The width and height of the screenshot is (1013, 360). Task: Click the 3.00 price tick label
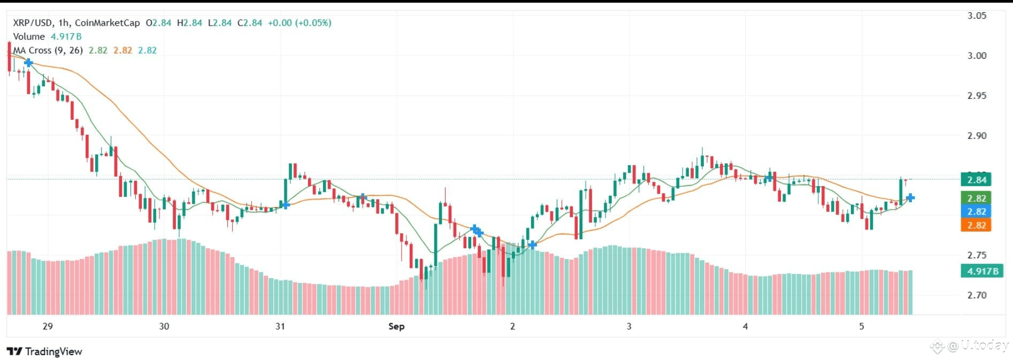pyautogui.click(x=977, y=56)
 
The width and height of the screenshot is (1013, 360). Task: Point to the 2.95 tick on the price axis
pyautogui.click(x=977, y=96)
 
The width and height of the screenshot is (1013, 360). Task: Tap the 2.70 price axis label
pyautogui.click(x=977, y=295)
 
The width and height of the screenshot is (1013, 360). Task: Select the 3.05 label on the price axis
pyautogui.click(x=977, y=16)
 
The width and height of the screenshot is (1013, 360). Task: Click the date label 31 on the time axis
pyautogui.click(x=280, y=326)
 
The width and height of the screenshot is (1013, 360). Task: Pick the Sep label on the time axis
pyautogui.click(x=396, y=326)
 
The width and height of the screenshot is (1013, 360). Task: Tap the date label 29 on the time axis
pyautogui.click(x=48, y=326)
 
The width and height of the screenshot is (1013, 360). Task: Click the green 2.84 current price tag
pyautogui.click(x=976, y=180)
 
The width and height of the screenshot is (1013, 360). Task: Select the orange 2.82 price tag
pyautogui.click(x=976, y=225)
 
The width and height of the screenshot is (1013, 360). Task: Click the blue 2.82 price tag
pyautogui.click(x=976, y=212)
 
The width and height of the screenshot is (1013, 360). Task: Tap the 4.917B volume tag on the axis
pyautogui.click(x=983, y=271)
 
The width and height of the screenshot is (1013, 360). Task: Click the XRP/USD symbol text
pyautogui.click(x=32, y=23)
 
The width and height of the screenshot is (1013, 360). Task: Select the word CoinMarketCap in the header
pyautogui.click(x=108, y=23)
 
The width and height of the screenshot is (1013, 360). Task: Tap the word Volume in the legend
pyautogui.click(x=29, y=36)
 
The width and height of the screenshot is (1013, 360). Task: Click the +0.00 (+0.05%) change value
pyautogui.click(x=300, y=23)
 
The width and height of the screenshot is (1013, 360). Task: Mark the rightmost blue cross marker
pyautogui.click(x=910, y=198)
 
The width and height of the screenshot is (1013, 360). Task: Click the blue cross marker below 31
pyautogui.click(x=285, y=204)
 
